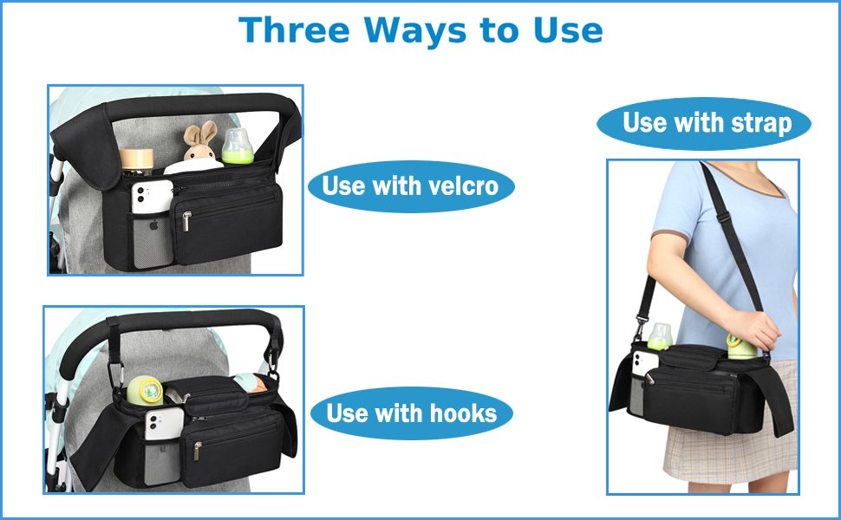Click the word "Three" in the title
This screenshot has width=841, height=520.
coord(294,30)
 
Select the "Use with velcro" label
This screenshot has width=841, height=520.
coord(411,186)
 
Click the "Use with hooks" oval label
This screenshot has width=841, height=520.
coord(412,413)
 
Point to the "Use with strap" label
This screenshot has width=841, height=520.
coord(704,123)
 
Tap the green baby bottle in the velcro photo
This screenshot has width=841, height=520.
coord(238,146)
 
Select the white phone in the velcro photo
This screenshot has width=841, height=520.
coord(152,197)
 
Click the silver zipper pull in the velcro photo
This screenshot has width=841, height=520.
coord(186,221)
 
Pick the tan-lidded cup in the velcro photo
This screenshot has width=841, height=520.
coord(136,161)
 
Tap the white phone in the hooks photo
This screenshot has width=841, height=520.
coord(164,424)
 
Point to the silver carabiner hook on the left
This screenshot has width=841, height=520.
coord(116,374)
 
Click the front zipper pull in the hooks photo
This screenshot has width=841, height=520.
coord(198,451)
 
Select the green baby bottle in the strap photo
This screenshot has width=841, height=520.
coord(661,336)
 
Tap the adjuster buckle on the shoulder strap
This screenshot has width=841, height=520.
coord(723,217)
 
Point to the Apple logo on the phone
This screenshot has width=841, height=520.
coord(154,225)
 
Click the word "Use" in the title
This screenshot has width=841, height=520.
coord(568,30)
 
